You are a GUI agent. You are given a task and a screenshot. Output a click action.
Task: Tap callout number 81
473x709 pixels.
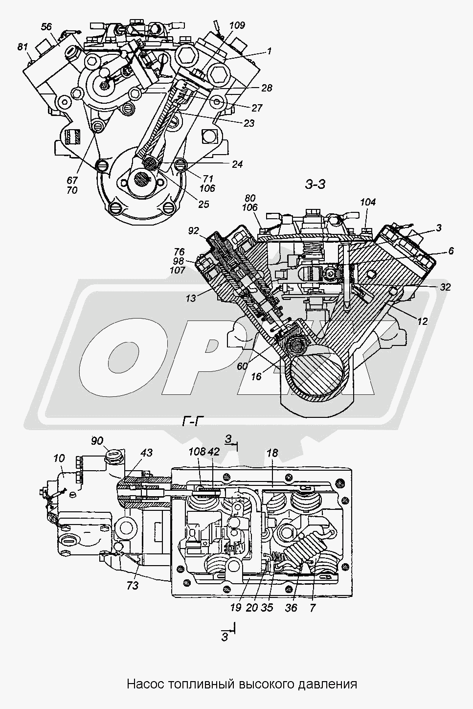click(23, 47)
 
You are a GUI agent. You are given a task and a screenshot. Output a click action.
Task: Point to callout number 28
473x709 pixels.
click(267, 88)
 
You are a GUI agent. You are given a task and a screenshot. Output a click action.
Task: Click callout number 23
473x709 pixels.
click(249, 123)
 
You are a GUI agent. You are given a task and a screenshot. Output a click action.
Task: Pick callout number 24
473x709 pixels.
click(237, 165)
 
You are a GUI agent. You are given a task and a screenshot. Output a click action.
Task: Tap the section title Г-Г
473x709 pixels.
click(193, 421)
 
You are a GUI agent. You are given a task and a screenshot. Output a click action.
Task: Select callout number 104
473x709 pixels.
click(368, 202)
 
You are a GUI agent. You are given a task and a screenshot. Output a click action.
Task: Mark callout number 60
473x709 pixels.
click(242, 366)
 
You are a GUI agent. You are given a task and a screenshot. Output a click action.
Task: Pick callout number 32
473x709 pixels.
click(445, 287)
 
